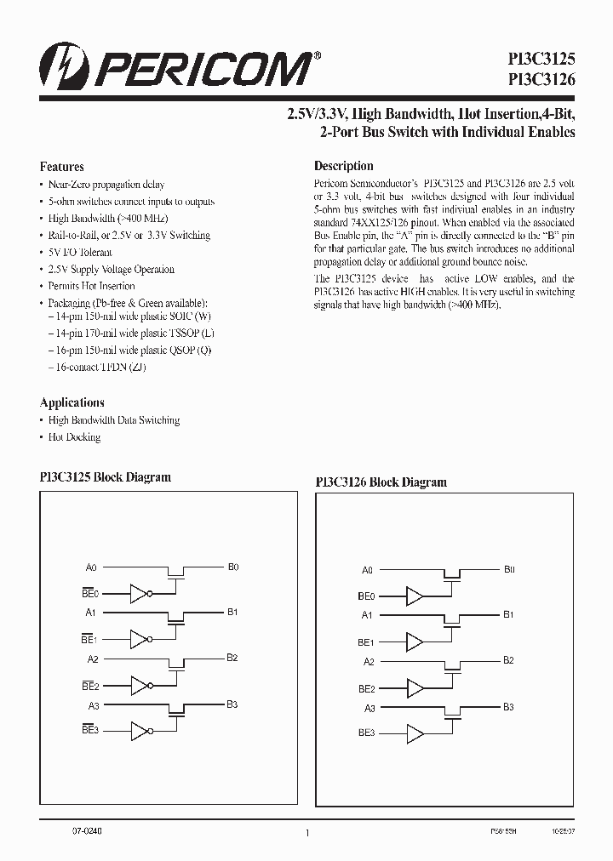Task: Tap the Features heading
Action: point(62,167)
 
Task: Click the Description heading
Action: point(344,166)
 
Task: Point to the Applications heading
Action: point(72,402)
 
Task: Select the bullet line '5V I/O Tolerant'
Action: point(80,253)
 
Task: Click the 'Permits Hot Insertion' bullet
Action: point(91,287)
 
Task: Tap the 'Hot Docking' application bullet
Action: point(74,437)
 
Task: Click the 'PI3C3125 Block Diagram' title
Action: point(106,477)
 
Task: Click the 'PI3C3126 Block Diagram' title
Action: point(381,482)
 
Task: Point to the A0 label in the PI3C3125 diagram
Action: point(92,567)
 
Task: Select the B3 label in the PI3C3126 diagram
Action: point(508,706)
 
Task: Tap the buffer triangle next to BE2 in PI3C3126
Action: point(415,687)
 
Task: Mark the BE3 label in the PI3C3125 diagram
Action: point(90,730)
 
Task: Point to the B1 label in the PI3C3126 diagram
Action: point(508,613)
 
